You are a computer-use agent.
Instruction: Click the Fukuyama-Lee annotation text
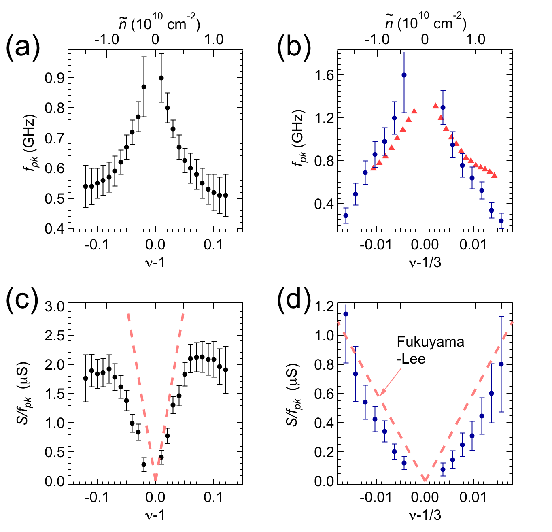430,350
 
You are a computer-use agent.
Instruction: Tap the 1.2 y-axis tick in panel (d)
324,306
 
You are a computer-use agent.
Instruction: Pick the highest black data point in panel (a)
161,78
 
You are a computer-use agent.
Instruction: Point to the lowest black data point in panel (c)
144,464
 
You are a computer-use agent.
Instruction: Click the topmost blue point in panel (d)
346,314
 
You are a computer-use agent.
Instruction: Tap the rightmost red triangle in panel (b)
495,175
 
